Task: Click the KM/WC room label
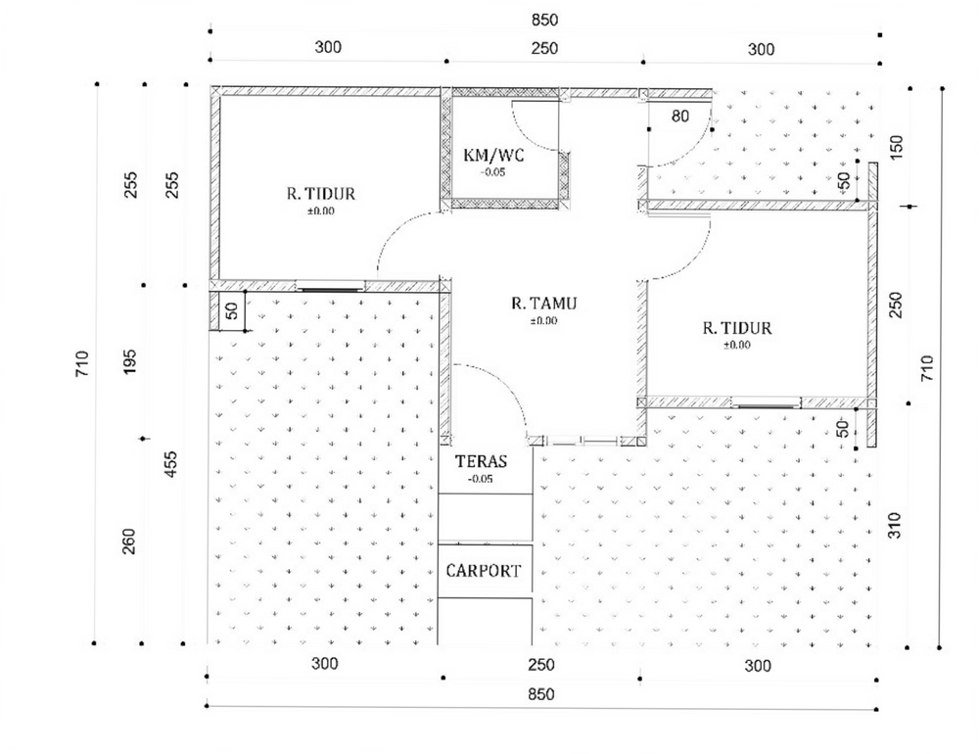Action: click(x=493, y=155)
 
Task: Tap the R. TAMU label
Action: click(x=543, y=304)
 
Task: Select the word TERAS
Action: click(x=481, y=461)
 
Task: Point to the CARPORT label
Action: click(x=484, y=571)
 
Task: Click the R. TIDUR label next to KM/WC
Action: click(x=321, y=194)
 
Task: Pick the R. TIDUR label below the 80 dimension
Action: click(x=737, y=328)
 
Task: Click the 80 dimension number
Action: click(x=680, y=116)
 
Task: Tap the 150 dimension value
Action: click(x=896, y=148)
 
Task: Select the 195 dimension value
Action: click(x=130, y=361)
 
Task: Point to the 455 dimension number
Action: click(x=170, y=464)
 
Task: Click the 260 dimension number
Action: click(x=128, y=542)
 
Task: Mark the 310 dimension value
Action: click(x=894, y=526)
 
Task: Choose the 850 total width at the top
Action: click(x=544, y=20)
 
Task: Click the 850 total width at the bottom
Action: click(x=540, y=694)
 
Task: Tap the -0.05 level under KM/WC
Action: click(x=492, y=172)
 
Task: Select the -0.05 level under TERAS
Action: click(x=480, y=479)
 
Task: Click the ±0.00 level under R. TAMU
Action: click(x=543, y=321)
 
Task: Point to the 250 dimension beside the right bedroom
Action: click(x=896, y=305)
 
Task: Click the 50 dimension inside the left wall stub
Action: click(x=231, y=310)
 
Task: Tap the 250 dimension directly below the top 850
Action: click(x=544, y=48)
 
